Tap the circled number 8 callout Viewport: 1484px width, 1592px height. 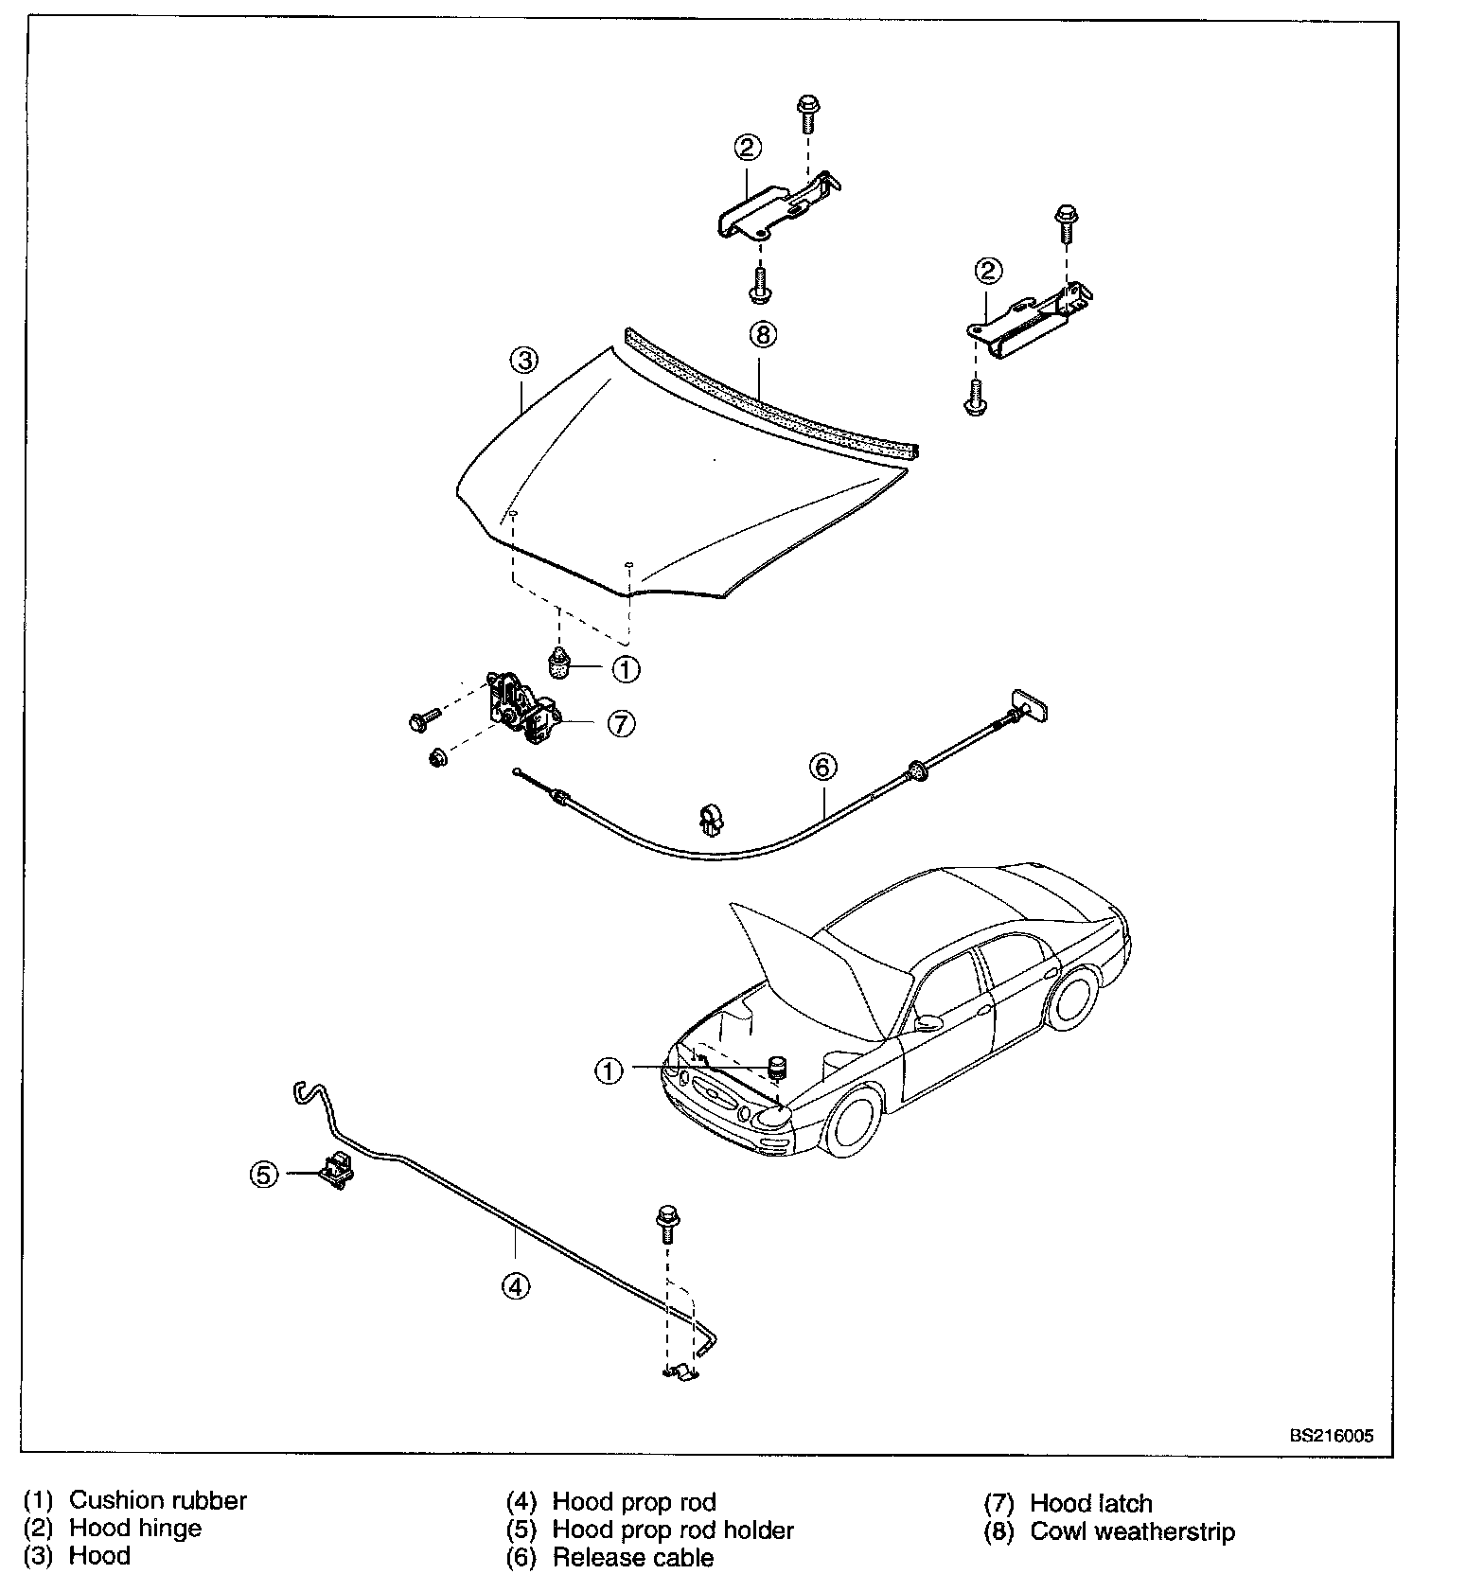point(762,334)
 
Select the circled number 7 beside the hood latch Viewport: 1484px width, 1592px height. point(621,724)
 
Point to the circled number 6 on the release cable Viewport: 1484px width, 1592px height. point(822,767)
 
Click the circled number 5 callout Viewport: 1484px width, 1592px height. point(264,1175)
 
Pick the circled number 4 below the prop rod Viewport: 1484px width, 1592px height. point(516,1286)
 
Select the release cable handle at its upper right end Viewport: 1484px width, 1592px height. point(1031,705)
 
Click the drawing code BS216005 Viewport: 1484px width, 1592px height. point(1331,1436)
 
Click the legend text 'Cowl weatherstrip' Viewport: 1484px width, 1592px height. point(1133,1531)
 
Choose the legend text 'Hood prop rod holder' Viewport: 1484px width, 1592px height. point(673,1530)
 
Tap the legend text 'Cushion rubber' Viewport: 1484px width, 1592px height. point(158,1500)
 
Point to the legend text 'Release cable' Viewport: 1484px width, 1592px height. point(633,1558)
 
